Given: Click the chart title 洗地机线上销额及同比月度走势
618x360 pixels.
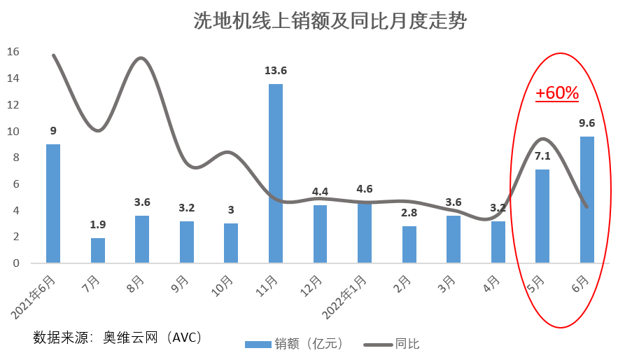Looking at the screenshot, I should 330,21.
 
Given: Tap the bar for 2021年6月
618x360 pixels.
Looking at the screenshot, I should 53,203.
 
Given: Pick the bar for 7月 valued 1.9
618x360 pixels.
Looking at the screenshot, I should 98,250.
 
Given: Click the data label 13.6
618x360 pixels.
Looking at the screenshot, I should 276,70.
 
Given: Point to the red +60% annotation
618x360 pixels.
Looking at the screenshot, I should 557,92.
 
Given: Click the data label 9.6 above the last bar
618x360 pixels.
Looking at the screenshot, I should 587,123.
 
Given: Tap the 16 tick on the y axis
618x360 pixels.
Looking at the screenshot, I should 13,53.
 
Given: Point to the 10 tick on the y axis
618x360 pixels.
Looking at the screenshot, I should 13,132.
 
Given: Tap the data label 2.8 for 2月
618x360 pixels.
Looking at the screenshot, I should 409,212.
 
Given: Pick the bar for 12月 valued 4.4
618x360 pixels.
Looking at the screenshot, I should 320,234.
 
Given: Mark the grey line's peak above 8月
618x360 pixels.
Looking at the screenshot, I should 141,58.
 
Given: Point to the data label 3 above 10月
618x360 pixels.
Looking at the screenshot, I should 231,209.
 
